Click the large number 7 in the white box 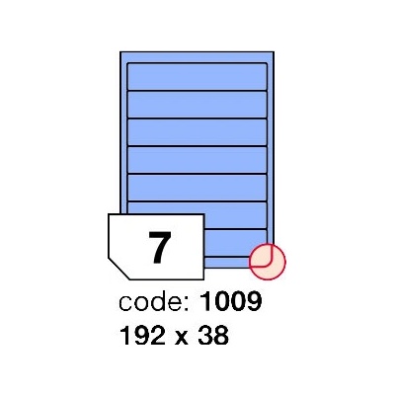coord(160,248)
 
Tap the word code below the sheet coord(151,302)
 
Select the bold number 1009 coord(231,301)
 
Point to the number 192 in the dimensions coord(143,336)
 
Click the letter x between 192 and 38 coord(182,339)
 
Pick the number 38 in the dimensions coord(213,336)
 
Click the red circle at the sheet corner coord(268,262)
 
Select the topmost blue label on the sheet coord(197,76)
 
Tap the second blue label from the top coord(197,104)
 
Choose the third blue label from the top coord(197,132)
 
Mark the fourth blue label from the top coord(197,160)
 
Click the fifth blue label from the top coord(197,188)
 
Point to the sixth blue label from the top coord(235,215)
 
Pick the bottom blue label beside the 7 coord(235,243)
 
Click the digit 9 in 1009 coord(254,301)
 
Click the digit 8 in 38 coord(221,336)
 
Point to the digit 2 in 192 coord(158,336)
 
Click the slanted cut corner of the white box coord(118,269)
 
